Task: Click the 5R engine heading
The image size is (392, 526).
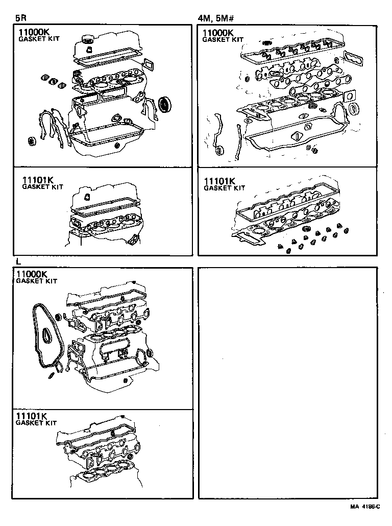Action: pyautogui.click(x=21, y=18)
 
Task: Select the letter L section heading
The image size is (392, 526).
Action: pyautogui.click(x=18, y=261)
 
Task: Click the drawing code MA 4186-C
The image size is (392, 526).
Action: pyautogui.click(x=365, y=507)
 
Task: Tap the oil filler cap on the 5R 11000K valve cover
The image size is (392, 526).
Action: pyautogui.click(x=88, y=39)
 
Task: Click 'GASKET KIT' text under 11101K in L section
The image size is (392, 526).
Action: pyautogui.click(x=36, y=423)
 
